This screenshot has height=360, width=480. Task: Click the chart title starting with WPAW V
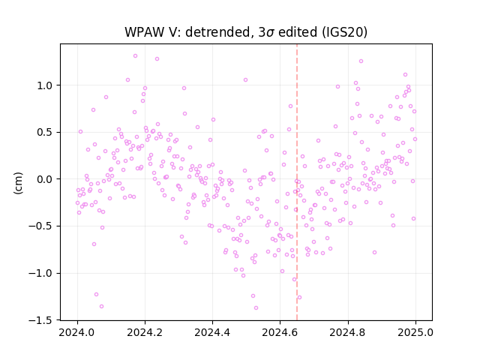pyautogui.click(x=246, y=32)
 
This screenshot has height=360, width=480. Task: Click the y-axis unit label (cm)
pyautogui.click(x=18, y=183)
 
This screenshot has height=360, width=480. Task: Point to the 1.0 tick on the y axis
pyautogui.click(x=45, y=85)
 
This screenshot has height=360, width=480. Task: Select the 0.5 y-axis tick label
pyautogui.click(x=45, y=132)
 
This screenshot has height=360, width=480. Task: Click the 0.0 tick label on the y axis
pyautogui.click(x=45, y=179)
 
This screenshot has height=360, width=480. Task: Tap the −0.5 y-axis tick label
pyautogui.click(x=40, y=226)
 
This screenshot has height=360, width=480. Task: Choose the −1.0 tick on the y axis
pyautogui.click(x=40, y=273)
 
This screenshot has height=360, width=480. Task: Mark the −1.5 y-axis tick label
pyautogui.click(x=40, y=320)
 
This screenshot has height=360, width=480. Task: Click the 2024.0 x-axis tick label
pyautogui.click(x=77, y=332)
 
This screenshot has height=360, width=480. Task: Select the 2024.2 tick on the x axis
pyautogui.click(x=145, y=332)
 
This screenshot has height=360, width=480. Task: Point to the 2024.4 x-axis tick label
pyautogui.click(x=212, y=332)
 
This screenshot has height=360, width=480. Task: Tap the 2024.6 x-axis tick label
pyautogui.click(x=280, y=332)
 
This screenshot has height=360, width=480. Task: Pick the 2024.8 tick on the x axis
pyautogui.click(x=348, y=332)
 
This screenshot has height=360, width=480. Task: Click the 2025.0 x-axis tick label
pyautogui.click(x=415, y=332)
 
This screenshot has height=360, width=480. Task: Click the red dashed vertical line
pyautogui.click(x=297, y=182)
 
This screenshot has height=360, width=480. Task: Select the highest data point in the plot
pyautogui.click(x=135, y=56)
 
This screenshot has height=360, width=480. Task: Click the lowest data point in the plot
pyautogui.click(x=256, y=308)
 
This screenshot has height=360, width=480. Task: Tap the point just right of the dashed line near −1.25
pyautogui.click(x=299, y=298)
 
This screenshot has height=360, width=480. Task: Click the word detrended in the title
pyautogui.click(x=218, y=32)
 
